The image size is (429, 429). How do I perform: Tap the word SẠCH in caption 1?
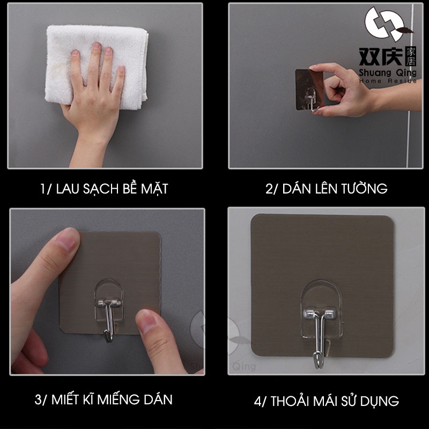point(101,189)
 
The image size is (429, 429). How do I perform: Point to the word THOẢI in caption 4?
point(290,401)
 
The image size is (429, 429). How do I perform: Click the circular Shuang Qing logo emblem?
point(386,24)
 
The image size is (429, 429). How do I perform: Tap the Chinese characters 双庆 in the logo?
point(381,57)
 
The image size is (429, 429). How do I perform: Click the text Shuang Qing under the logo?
point(388,73)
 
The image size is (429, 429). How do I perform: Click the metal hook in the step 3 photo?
point(109,319)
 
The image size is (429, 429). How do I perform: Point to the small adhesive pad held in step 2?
point(309,90)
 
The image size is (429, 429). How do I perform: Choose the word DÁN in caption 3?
point(158,400)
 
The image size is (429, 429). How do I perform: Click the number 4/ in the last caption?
point(260,402)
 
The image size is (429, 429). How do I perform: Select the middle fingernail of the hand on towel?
point(97,46)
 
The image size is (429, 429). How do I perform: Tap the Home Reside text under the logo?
point(388,81)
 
